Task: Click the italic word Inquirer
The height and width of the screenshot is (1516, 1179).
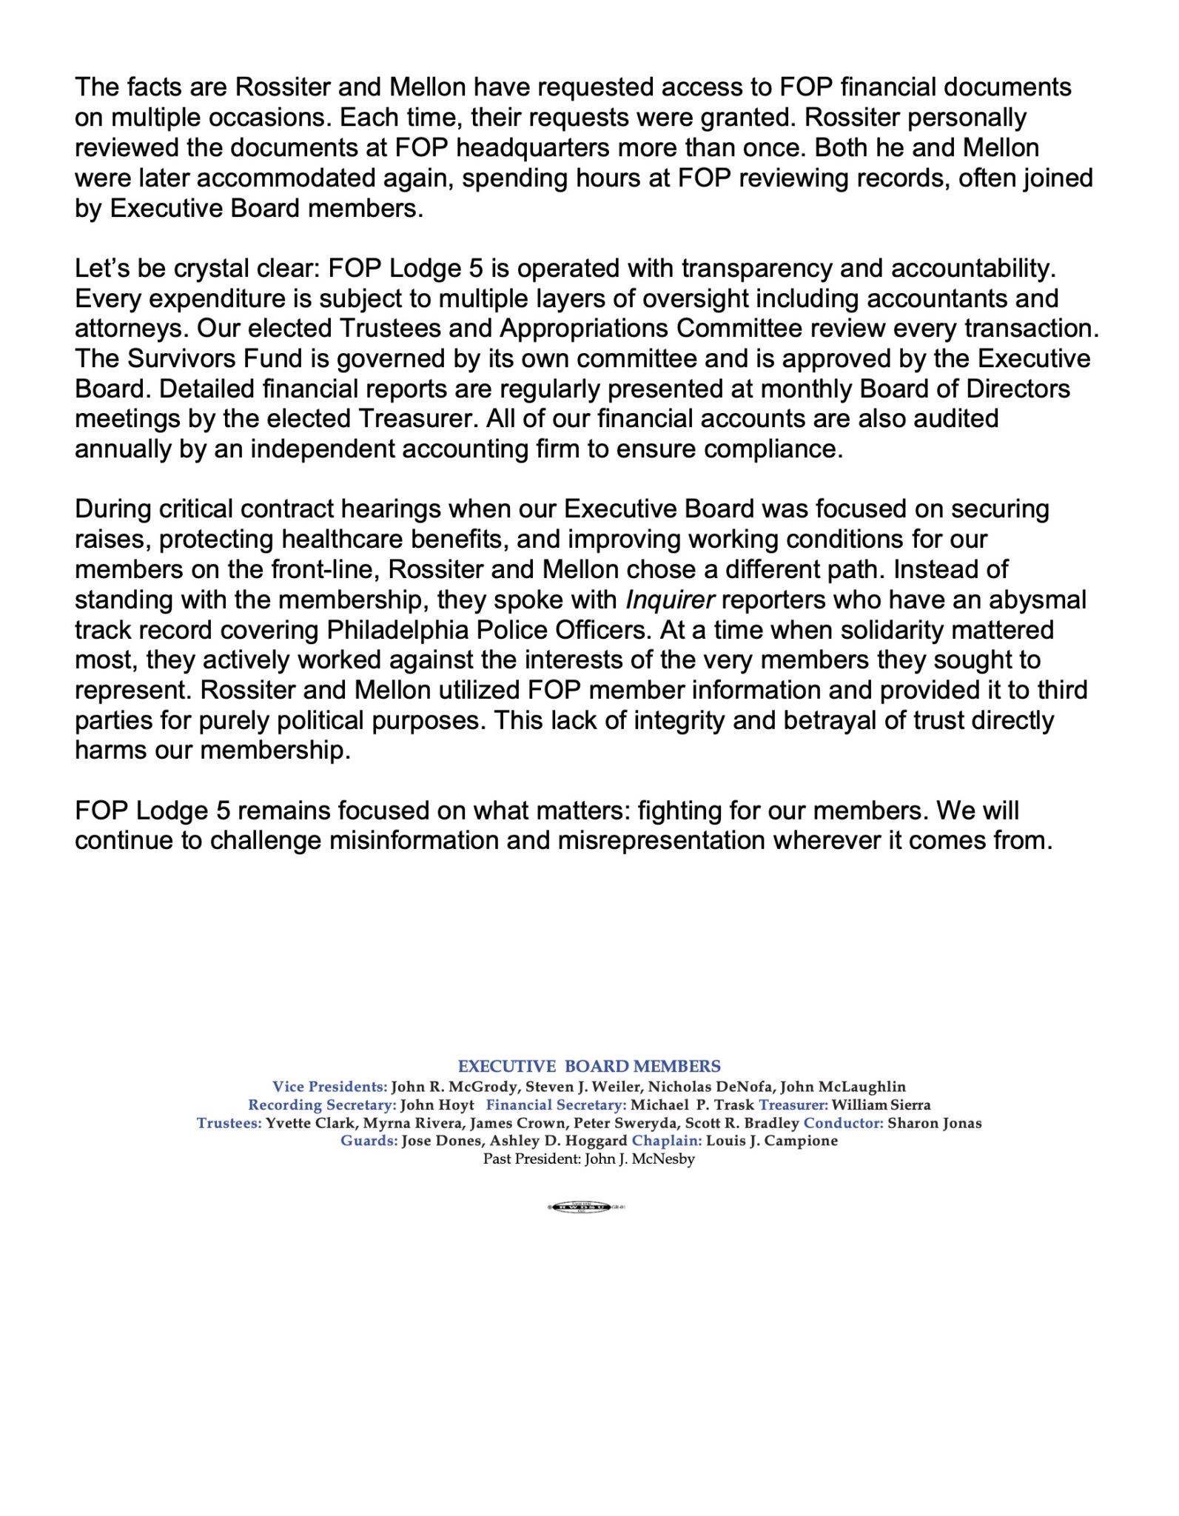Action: tap(670, 600)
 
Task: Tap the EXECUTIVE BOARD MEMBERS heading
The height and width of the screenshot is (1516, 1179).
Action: tap(589, 1066)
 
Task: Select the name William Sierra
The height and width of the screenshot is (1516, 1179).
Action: tap(881, 1104)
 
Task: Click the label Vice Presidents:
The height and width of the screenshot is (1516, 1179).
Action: tap(329, 1087)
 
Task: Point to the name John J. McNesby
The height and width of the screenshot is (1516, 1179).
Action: tap(639, 1158)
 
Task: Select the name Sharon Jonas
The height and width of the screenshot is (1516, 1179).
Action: tap(934, 1123)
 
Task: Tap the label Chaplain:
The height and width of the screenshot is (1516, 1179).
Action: tap(666, 1141)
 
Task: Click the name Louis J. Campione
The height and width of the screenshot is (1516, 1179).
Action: tap(772, 1141)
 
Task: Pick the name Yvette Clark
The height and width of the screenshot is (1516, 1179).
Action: tap(310, 1123)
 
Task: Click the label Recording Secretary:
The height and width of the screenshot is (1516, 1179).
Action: tap(322, 1104)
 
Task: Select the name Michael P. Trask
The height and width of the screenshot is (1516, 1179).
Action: tap(692, 1104)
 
